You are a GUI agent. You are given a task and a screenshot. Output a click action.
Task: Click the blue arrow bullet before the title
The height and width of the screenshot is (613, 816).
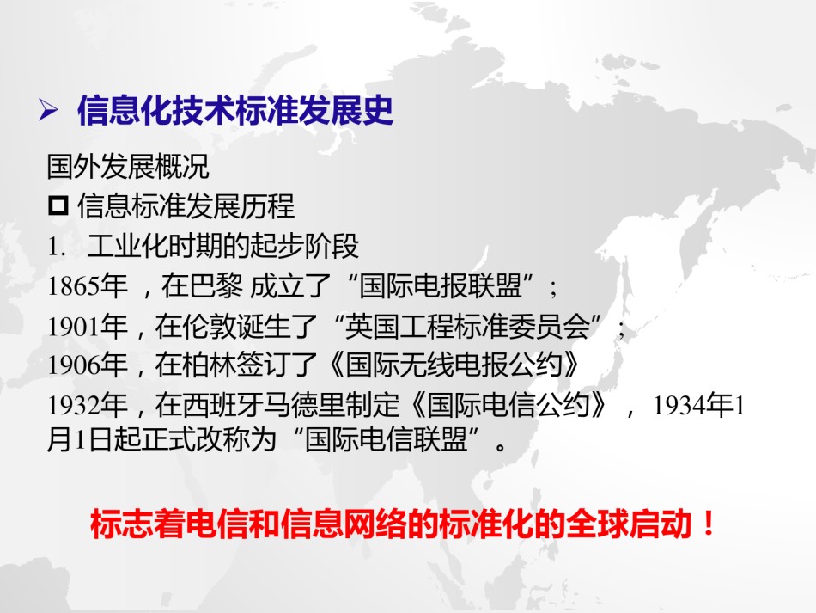[x=48, y=110]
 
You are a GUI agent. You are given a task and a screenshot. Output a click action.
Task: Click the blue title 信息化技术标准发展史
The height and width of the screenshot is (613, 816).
[x=235, y=110]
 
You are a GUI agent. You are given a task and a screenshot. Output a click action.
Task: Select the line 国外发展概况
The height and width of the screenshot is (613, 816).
[x=128, y=167]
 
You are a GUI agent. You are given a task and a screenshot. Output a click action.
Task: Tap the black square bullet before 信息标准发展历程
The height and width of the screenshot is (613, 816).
[x=58, y=205]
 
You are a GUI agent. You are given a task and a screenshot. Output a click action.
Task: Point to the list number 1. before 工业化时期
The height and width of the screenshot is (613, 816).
[x=57, y=247]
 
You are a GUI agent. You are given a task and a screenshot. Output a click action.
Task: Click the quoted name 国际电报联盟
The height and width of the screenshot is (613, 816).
[x=441, y=285]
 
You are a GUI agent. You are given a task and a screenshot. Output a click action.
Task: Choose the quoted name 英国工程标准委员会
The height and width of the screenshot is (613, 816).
[x=467, y=326]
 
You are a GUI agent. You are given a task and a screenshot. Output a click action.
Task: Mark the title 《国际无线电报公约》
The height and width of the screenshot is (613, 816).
[x=454, y=365]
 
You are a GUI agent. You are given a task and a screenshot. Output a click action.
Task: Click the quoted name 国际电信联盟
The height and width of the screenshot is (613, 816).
[x=386, y=439]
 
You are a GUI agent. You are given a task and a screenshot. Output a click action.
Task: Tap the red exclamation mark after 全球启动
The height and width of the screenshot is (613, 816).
[x=709, y=524]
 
